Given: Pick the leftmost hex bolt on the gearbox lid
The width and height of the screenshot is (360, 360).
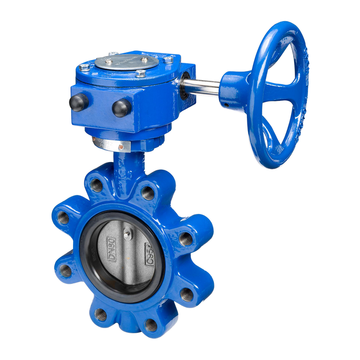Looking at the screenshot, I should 85,66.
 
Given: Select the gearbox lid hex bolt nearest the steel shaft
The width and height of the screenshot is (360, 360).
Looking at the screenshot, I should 168,61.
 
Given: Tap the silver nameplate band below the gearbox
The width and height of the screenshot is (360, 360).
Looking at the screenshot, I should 117,143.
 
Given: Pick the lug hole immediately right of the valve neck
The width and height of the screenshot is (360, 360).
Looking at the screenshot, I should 148,193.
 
